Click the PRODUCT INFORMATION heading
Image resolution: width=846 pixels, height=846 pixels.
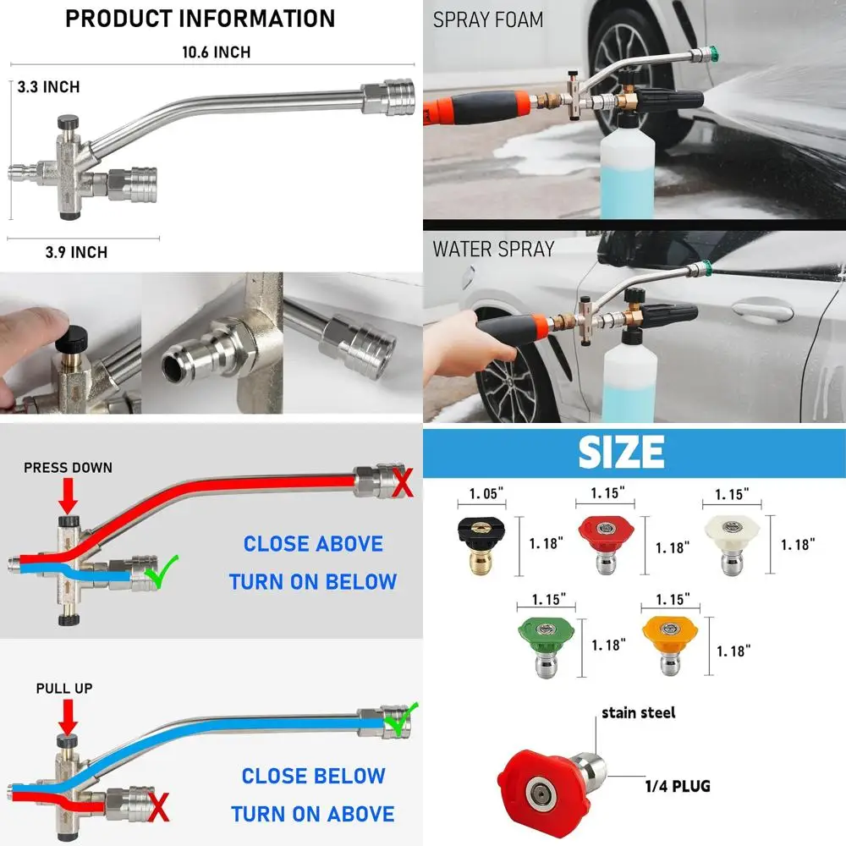pyautogui.click(x=201, y=19)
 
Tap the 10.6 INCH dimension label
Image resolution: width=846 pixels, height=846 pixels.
pyautogui.click(x=217, y=52)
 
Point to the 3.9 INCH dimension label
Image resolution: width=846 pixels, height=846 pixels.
pyautogui.click(x=76, y=252)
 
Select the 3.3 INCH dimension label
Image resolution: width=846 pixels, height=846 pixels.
pyautogui.click(x=50, y=87)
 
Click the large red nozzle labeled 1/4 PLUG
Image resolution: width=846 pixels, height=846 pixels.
pyautogui.click(x=546, y=782)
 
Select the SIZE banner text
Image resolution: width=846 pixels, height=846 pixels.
pyautogui.click(x=621, y=452)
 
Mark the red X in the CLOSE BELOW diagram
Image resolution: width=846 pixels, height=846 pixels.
pyautogui.click(x=158, y=808)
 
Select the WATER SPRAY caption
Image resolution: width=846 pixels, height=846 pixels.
pyautogui.click(x=493, y=249)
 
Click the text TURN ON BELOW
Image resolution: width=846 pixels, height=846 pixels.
pyautogui.click(x=312, y=582)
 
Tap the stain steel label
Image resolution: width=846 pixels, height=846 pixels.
pyautogui.click(x=639, y=712)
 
